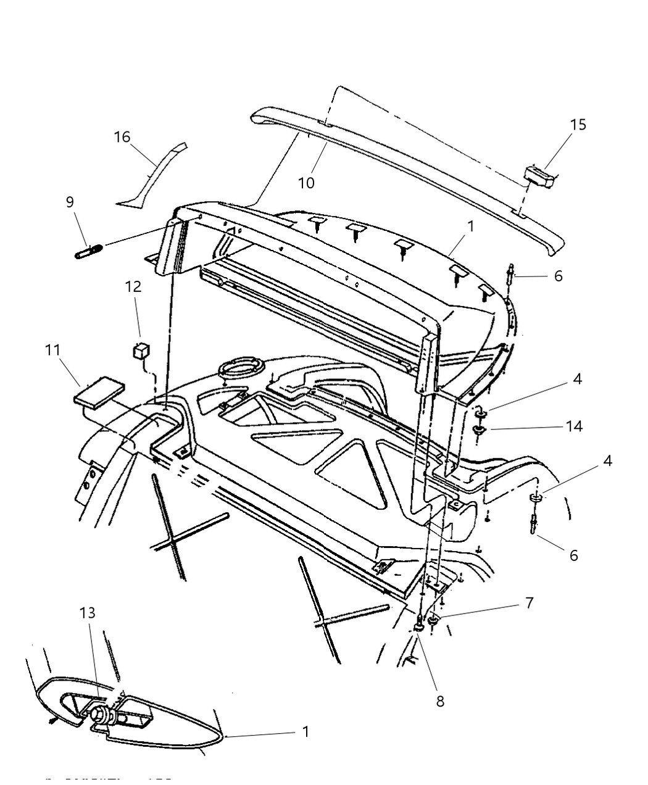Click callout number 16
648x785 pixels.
[x=122, y=136]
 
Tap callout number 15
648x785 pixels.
[x=578, y=124]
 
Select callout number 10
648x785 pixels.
[x=306, y=183]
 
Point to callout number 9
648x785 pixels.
[x=70, y=201]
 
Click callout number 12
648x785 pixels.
[x=133, y=286]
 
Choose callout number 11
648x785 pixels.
[x=52, y=350]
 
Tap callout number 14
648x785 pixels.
[x=574, y=426]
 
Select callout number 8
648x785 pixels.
[x=440, y=701]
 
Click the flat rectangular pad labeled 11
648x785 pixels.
[x=99, y=394]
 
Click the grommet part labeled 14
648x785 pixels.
[x=480, y=431]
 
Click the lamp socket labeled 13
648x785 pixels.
[x=102, y=716]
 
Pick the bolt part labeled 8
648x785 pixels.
[x=419, y=625]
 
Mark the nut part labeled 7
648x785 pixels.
[x=434, y=618]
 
